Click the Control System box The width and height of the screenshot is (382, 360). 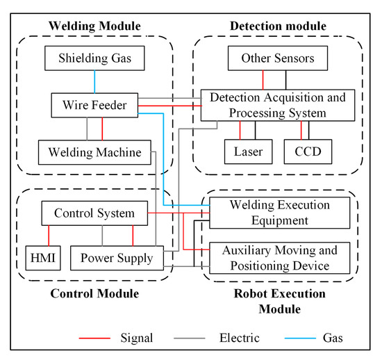tap(94, 213)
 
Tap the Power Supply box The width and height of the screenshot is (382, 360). tap(117, 259)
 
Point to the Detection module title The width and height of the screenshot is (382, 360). tap(276, 26)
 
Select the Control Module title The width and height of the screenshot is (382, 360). tap(94, 293)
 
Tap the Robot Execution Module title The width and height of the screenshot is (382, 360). tap(278, 301)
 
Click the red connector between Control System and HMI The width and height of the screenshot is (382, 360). tap(50, 235)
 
